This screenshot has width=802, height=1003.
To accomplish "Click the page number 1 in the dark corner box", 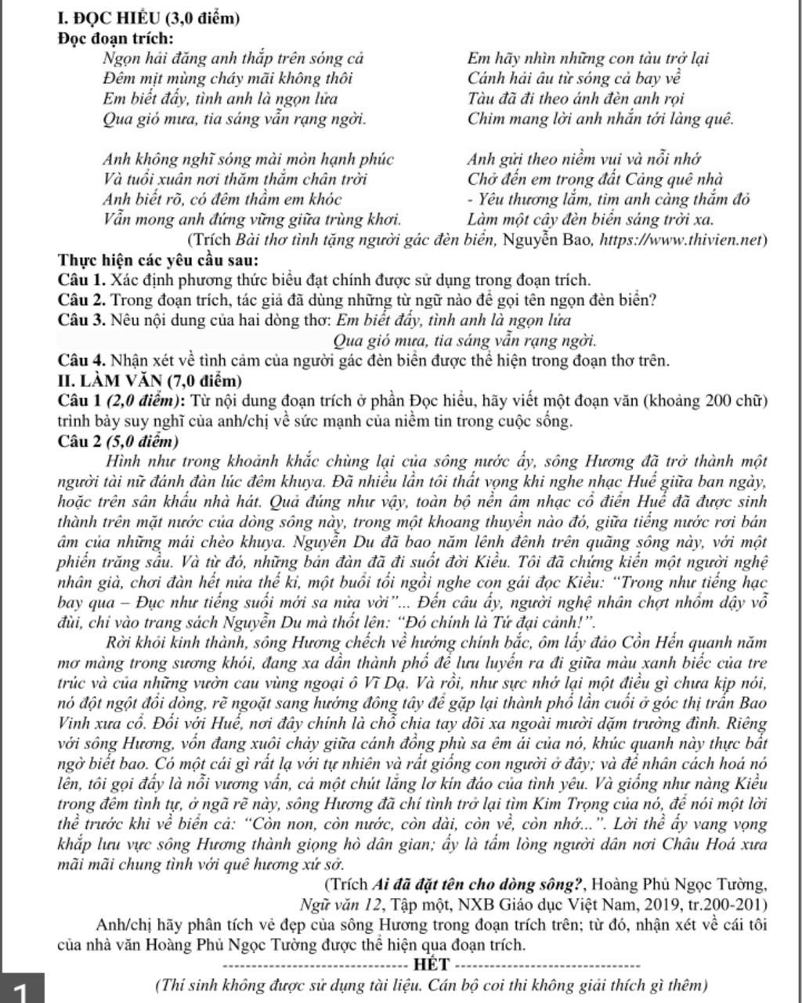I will pos(20,992).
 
